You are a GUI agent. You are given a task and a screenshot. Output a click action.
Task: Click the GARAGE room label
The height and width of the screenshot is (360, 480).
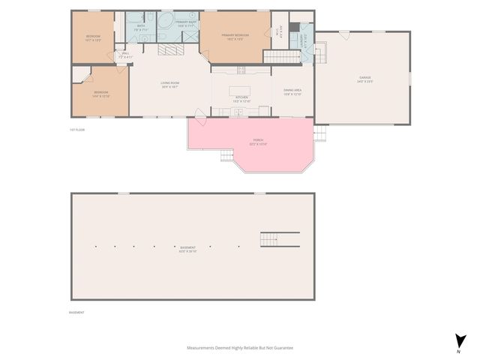tap(365, 77)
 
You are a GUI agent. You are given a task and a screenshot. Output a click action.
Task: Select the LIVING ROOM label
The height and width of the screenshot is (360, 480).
tap(169, 84)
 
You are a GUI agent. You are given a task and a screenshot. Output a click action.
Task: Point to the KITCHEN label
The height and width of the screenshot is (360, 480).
tap(241, 97)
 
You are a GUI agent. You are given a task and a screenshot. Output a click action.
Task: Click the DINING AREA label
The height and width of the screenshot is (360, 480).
tap(292, 92)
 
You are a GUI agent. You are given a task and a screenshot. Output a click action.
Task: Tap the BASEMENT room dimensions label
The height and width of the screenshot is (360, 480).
tap(187, 250)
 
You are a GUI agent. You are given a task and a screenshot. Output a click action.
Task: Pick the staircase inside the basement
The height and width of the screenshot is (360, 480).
tap(279, 239)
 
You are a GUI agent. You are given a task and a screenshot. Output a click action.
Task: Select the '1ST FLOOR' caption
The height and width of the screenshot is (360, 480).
tap(76, 130)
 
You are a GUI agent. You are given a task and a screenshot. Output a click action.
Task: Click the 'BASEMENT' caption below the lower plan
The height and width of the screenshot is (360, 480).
tap(76, 312)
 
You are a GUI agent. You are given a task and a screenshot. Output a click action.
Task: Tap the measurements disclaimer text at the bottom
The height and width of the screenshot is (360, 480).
tap(239, 348)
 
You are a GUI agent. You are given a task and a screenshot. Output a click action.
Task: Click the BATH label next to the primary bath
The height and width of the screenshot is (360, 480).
tap(141, 26)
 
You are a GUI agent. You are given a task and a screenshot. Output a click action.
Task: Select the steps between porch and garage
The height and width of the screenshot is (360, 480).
tap(321, 134)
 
